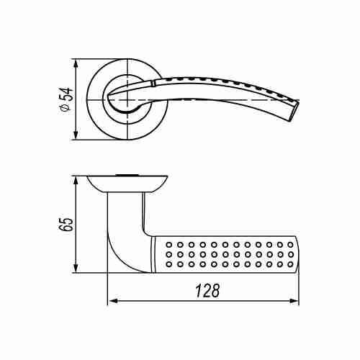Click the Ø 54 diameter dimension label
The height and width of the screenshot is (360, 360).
coord(66,99)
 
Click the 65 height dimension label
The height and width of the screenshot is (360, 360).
coord(66,225)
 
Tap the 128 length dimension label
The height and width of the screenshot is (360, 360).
coord(207,291)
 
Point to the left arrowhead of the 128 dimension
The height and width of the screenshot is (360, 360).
coord(113,301)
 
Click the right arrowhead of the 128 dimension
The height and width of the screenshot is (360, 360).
coord(293,301)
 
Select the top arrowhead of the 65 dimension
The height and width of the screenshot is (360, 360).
coord(76,182)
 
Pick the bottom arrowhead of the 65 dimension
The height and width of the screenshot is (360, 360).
coord(76,266)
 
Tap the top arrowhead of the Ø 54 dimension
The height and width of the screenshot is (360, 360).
coord(76,65)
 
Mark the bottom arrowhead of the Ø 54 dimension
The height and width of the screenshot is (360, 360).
coord(76,133)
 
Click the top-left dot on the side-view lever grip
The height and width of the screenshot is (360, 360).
coord(169,245)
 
